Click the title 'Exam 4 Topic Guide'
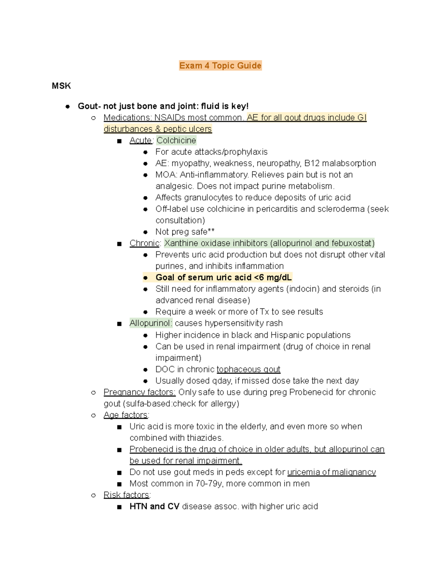[220, 65]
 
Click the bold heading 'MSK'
[61, 86]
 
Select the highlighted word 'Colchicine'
[176, 140]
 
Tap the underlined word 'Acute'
[140, 140]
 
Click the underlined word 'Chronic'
[144, 243]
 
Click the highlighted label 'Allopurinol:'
[151, 323]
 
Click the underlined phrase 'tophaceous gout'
[248, 369]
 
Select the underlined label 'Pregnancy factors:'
[139, 392]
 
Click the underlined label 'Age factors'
[125, 415]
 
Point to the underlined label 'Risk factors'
[126, 495]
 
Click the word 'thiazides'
[204, 438]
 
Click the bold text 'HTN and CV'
[154, 506]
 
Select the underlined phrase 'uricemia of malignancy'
[331, 472]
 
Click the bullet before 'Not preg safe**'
[146, 232]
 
